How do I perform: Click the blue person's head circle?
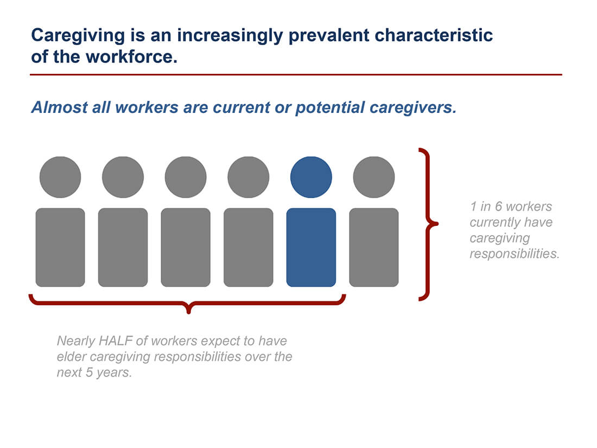[311, 177]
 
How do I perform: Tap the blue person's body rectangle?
[311, 247]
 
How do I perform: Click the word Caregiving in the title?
[78, 36]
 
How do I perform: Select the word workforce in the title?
[131, 57]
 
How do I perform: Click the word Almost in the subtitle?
[59, 108]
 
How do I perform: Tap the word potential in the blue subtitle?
[330, 108]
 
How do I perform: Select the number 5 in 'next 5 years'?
[89, 372]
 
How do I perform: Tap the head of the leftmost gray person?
[60, 177]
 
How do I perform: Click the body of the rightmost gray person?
[374, 247]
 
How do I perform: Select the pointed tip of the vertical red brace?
[438, 224]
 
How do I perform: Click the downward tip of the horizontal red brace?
[188, 312]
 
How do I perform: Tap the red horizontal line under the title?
[296, 75]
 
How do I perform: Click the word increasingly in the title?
[230, 36]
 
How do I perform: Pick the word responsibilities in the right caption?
[515, 254]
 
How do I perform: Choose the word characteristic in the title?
[434, 35]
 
